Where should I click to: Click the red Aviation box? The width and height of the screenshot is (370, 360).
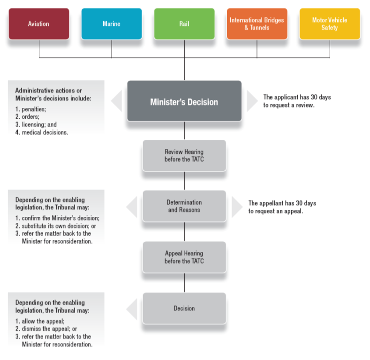point(38,23)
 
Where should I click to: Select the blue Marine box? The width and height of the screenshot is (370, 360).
point(112,23)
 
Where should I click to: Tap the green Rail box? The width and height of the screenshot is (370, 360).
point(184,23)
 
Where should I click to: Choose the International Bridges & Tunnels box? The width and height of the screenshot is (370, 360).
point(257,23)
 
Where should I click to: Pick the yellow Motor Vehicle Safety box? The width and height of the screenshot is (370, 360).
point(330,23)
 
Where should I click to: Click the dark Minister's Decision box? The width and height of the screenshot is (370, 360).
point(184,101)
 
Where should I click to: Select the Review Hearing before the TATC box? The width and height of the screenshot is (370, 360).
point(184,155)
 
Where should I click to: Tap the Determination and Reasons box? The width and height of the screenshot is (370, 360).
point(184,206)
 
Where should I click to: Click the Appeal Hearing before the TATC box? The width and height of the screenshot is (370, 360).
point(184,257)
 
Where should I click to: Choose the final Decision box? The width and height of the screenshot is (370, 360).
point(184,308)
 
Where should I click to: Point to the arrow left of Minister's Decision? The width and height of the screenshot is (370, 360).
point(117,101)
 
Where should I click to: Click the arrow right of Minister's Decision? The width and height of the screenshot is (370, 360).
point(252,101)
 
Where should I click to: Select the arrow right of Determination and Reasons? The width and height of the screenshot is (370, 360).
point(237,207)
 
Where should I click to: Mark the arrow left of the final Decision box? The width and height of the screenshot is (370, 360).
point(132,308)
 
